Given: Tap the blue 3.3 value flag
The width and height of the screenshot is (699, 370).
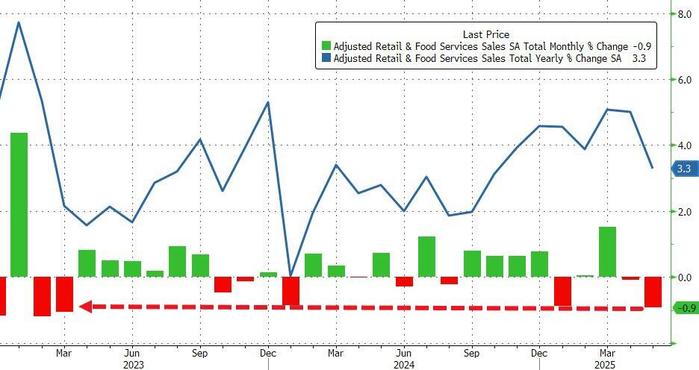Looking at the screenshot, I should click(x=683, y=169).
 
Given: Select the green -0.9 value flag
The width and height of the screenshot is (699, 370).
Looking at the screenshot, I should click(x=684, y=307).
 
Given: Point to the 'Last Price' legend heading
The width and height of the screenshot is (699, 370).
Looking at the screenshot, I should click(x=485, y=34).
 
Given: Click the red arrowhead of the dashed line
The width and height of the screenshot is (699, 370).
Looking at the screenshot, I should click(x=85, y=306).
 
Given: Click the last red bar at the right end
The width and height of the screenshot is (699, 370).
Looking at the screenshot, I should click(x=653, y=292).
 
